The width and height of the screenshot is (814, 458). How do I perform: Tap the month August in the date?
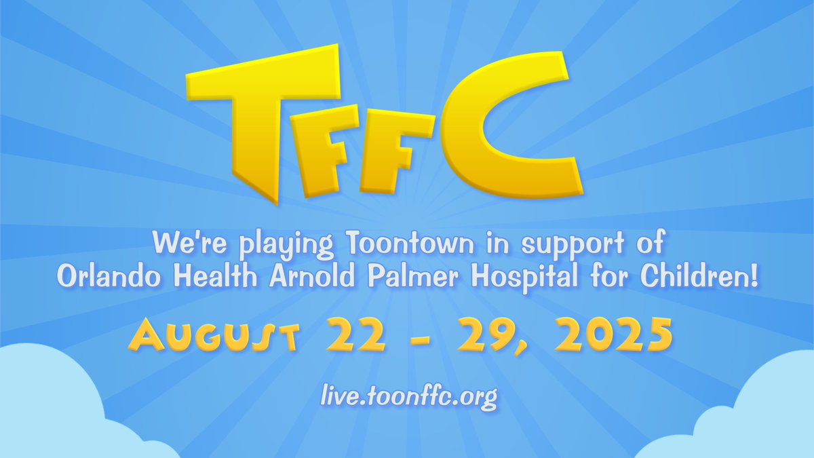tap(214, 337)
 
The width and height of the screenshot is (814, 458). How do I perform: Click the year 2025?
tap(610, 337)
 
